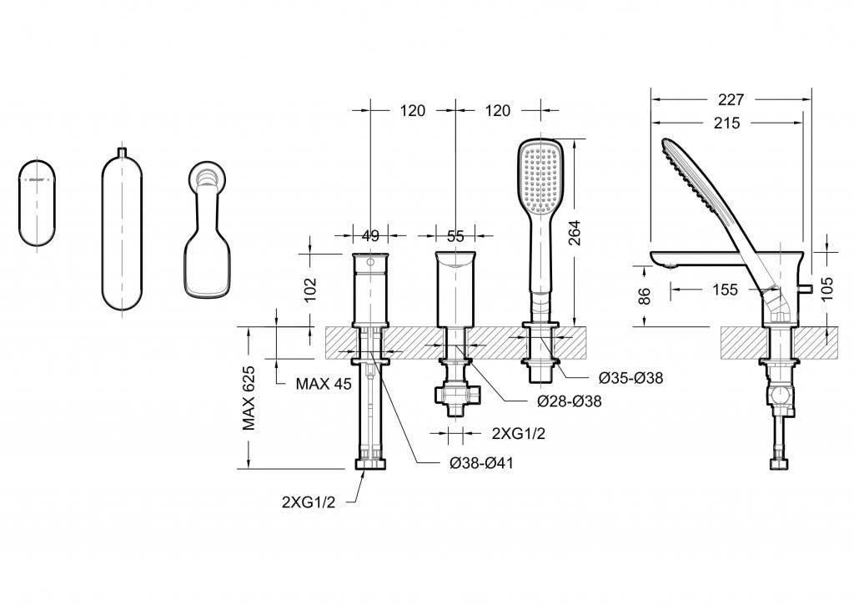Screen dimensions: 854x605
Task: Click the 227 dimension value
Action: point(731,100)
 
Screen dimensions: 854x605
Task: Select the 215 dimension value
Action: point(727,124)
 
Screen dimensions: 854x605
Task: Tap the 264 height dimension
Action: point(574,232)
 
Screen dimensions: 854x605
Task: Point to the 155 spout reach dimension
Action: point(725,290)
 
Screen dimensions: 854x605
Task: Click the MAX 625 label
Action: point(249,398)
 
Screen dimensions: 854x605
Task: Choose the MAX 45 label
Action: point(324,384)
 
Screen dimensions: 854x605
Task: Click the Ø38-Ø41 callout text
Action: point(481,463)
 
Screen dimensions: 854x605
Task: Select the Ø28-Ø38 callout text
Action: point(569,401)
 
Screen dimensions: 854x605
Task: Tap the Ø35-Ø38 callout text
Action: point(630,377)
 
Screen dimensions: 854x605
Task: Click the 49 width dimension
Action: point(370,236)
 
